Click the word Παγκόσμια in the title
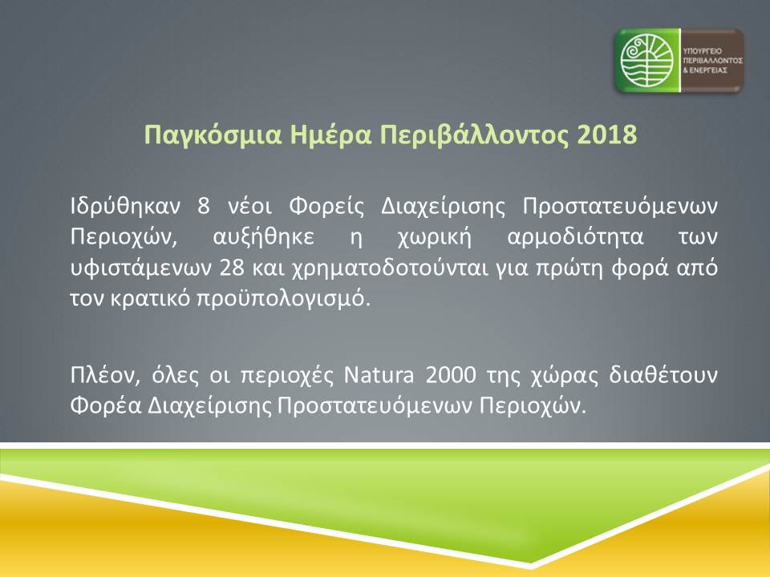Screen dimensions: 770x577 pyautogui.click(x=213, y=135)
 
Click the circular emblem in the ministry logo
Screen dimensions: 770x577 pyautogui.click(x=646, y=60)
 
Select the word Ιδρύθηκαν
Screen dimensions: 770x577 pyautogui.click(x=126, y=206)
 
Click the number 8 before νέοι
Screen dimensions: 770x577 pyautogui.click(x=204, y=206)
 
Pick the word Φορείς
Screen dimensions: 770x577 pyautogui.click(x=326, y=207)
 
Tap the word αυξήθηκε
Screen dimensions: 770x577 pyautogui.click(x=263, y=237)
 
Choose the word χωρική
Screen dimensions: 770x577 pyautogui.click(x=434, y=237)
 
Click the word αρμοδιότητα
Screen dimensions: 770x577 pyautogui.click(x=575, y=237)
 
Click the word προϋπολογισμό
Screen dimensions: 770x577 pyautogui.click(x=283, y=299)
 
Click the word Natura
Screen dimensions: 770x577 pyautogui.click(x=379, y=375)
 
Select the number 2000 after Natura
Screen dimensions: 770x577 pyautogui.click(x=450, y=375)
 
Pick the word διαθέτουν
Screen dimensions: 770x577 pyautogui.click(x=663, y=375)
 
